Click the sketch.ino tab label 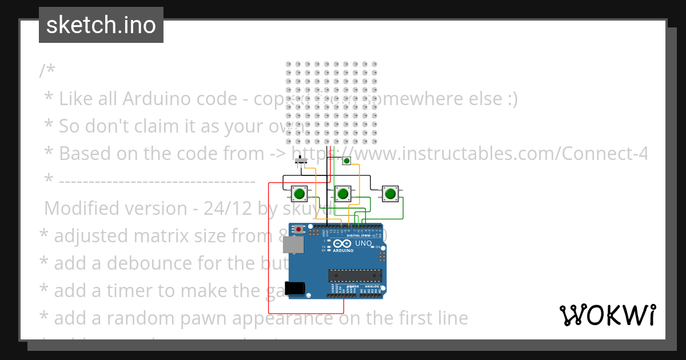(101, 25)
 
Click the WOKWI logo (607, 315)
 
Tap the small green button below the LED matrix (346, 161)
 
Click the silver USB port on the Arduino (293, 245)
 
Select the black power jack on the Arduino (296, 288)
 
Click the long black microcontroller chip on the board (354, 275)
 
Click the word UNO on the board (364, 243)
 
